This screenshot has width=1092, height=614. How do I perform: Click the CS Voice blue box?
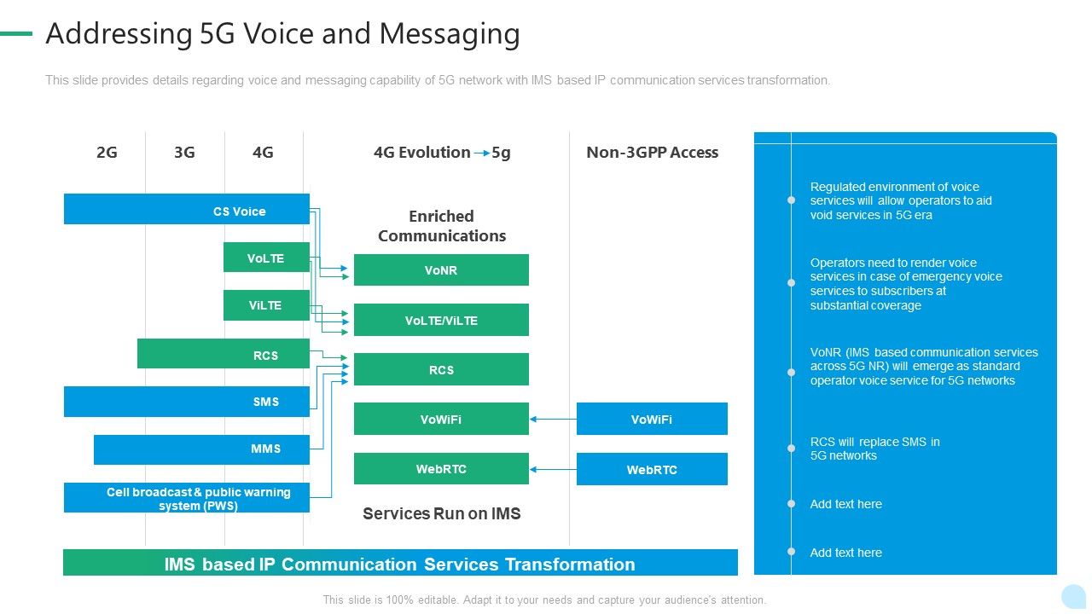pyautogui.click(x=186, y=210)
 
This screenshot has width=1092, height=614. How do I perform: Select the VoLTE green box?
pyautogui.click(x=266, y=258)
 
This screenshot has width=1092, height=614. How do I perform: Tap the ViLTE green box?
pyautogui.click(x=266, y=305)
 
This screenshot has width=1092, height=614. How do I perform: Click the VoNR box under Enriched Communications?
pyautogui.click(x=441, y=269)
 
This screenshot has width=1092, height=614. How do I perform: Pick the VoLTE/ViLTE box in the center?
pyautogui.click(x=441, y=320)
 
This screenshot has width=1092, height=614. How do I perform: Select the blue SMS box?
pyautogui.click(x=186, y=402)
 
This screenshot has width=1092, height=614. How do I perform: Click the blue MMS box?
pyautogui.click(x=201, y=449)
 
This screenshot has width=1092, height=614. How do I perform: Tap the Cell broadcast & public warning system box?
pyautogui.click(x=186, y=498)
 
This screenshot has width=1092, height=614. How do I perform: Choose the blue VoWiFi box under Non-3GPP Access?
pyautogui.click(x=652, y=419)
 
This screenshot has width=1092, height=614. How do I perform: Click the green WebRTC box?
pyautogui.click(x=441, y=469)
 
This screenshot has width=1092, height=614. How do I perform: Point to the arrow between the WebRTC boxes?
pyautogui.click(x=553, y=469)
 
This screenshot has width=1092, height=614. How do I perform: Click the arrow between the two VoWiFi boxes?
pyautogui.click(x=553, y=419)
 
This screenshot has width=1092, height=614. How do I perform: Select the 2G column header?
pyautogui.click(x=107, y=153)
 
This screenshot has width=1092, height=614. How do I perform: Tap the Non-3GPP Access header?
pyautogui.click(x=652, y=153)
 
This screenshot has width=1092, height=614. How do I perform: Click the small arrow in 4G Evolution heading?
pyautogui.click(x=481, y=153)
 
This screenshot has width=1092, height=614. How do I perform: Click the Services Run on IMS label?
pyautogui.click(x=441, y=513)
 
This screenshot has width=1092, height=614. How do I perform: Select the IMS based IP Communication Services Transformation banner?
pyautogui.click(x=400, y=564)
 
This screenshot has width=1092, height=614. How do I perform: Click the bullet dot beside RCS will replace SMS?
pyautogui.click(x=791, y=449)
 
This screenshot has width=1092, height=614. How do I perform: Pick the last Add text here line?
pyautogui.click(x=845, y=553)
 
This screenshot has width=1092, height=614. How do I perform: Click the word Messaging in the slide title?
pyautogui.click(x=450, y=34)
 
